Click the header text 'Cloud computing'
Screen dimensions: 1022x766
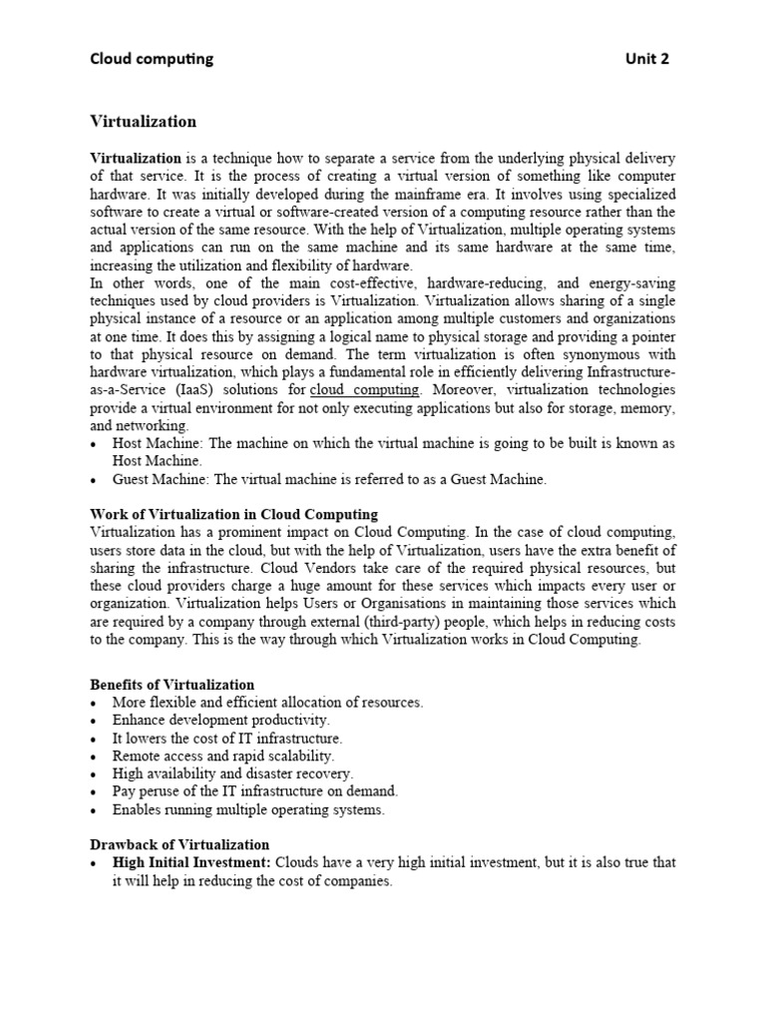click(x=152, y=59)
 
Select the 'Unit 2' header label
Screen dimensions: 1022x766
click(x=646, y=59)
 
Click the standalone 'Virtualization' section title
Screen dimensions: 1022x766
click(x=144, y=122)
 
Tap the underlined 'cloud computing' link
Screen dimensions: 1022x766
click(x=366, y=389)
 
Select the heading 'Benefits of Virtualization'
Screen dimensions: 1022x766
click(x=173, y=685)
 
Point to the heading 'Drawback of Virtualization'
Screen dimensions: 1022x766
click(x=180, y=844)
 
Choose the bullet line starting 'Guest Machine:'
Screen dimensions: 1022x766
click(x=329, y=479)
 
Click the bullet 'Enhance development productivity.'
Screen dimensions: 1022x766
click(x=220, y=720)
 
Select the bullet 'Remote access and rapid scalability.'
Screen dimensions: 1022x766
click(x=223, y=756)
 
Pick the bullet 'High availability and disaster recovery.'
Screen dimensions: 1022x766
click(x=232, y=773)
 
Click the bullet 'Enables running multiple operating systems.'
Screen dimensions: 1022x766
click(x=248, y=809)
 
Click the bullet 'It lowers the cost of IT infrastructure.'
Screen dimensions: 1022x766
click(x=227, y=738)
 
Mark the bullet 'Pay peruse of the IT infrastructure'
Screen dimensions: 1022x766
click(x=254, y=791)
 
